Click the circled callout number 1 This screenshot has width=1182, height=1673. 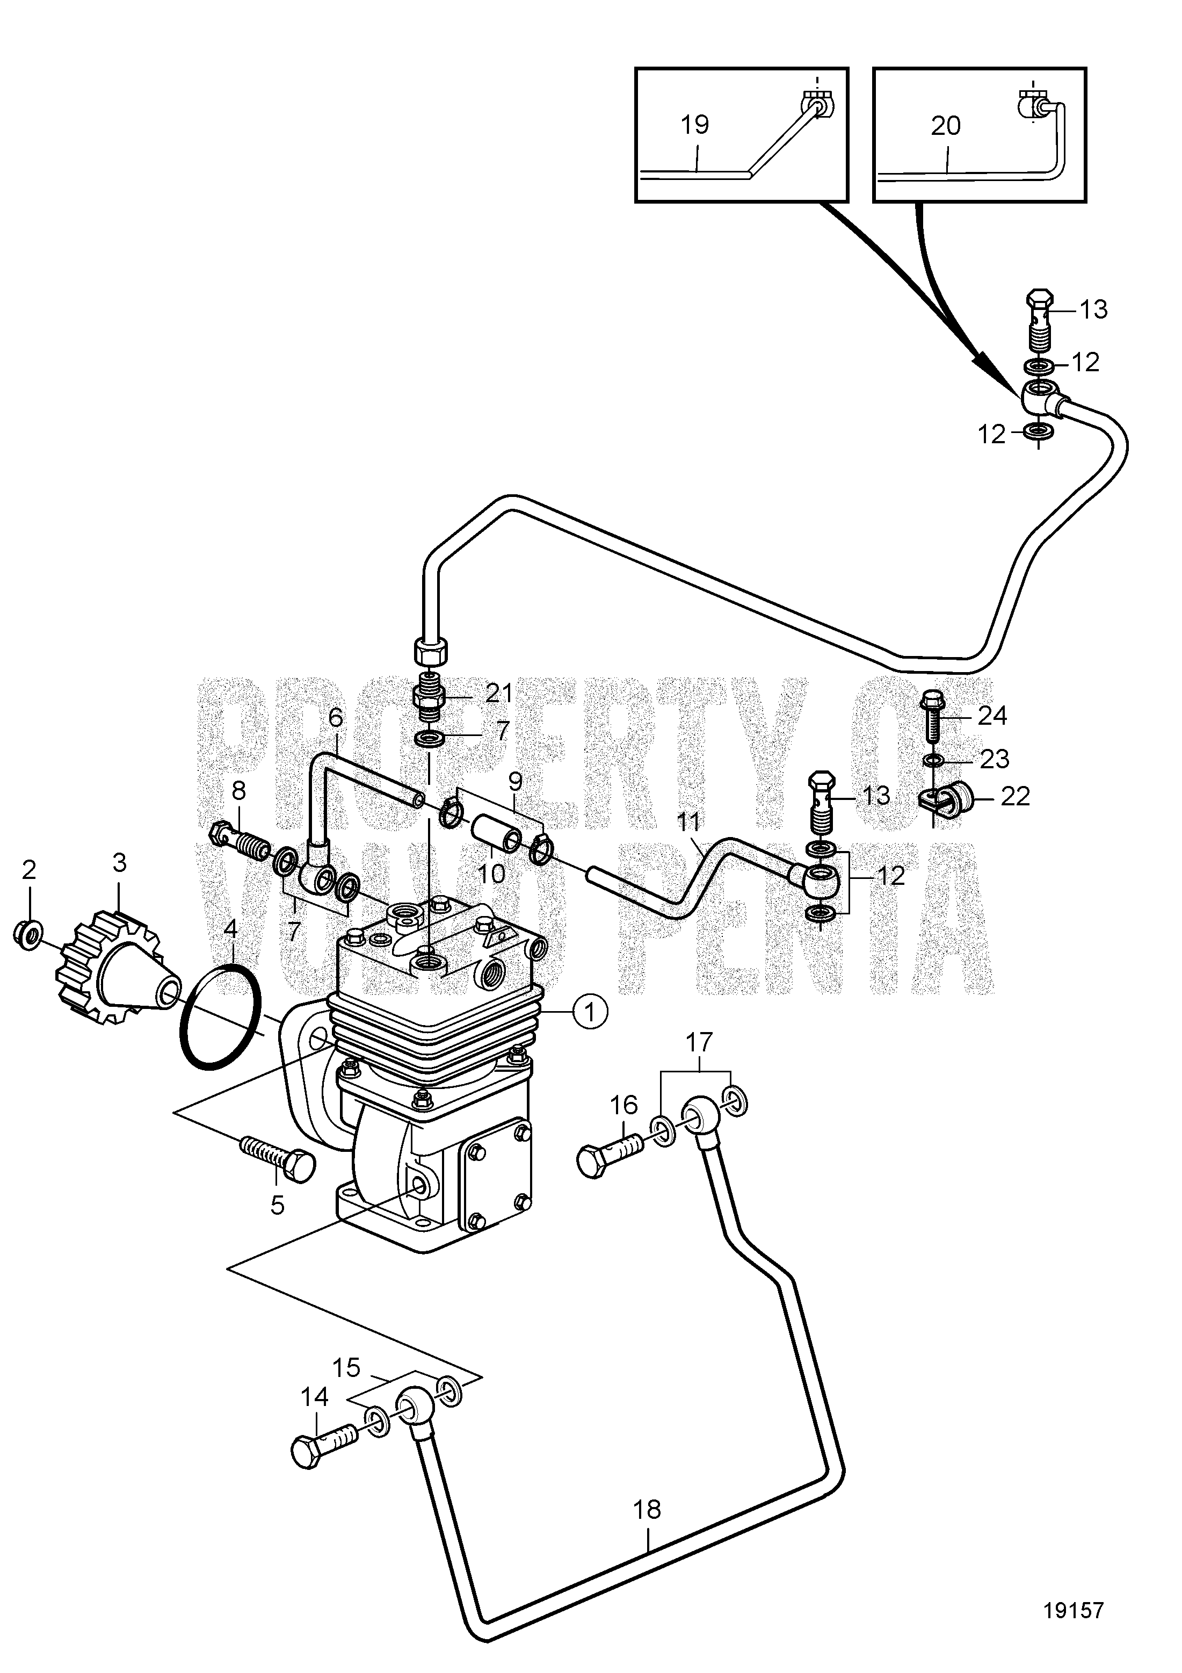pyautogui.click(x=591, y=1012)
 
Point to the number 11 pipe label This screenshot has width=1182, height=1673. pyautogui.click(x=687, y=823)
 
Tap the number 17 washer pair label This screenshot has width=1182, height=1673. pyautogui.click(x=699, y=1043)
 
